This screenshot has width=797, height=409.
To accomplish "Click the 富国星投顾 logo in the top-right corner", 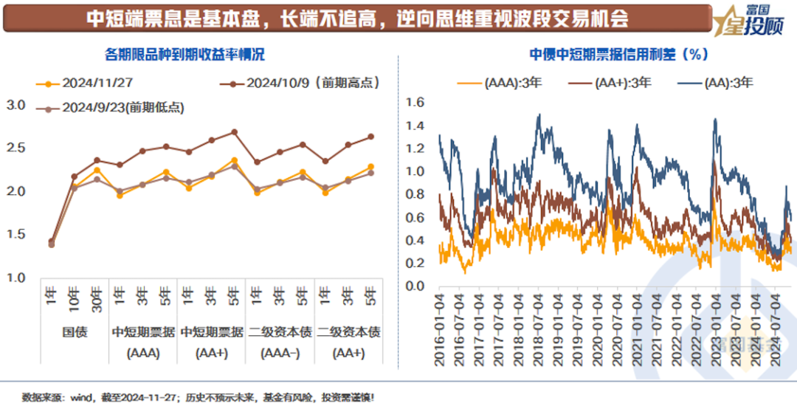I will [752, 19].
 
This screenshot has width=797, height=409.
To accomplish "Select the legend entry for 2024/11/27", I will [88, 83].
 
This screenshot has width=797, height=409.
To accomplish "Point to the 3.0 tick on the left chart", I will [15, 106].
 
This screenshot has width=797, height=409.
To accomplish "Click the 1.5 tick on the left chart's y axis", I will [15, 235].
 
